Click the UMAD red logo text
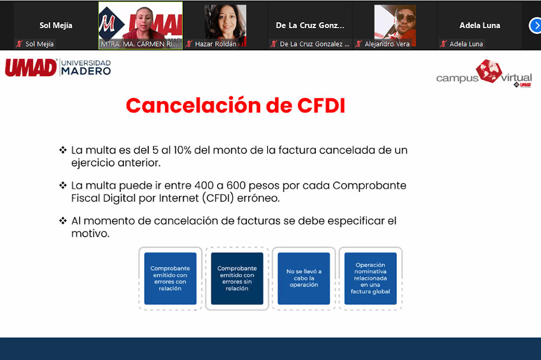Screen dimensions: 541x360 point(31,68)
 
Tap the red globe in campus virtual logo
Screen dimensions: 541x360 point(489,71)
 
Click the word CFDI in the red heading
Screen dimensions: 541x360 point(321,105)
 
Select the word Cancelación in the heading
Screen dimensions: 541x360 point(193,105)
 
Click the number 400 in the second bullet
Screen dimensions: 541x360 point(204,185)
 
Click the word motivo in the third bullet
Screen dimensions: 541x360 point(90,234)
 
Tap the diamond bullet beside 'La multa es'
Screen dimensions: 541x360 point(63,150)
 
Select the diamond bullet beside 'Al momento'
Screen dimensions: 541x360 point(63,221)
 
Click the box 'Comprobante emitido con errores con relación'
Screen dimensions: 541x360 point(170,278)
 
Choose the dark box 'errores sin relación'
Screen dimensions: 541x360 point(237,278)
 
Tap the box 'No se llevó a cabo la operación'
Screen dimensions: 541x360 point(304,278)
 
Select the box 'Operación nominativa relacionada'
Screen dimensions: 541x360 point(370,278)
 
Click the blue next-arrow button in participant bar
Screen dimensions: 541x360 point(536,26)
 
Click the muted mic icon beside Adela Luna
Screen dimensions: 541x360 point(444,44)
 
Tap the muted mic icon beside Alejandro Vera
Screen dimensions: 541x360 point(359,44)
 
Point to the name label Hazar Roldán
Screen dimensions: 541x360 point(216,44)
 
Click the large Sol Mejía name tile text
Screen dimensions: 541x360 point(56,25)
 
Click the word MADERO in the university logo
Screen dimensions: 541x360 point(86,71)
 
